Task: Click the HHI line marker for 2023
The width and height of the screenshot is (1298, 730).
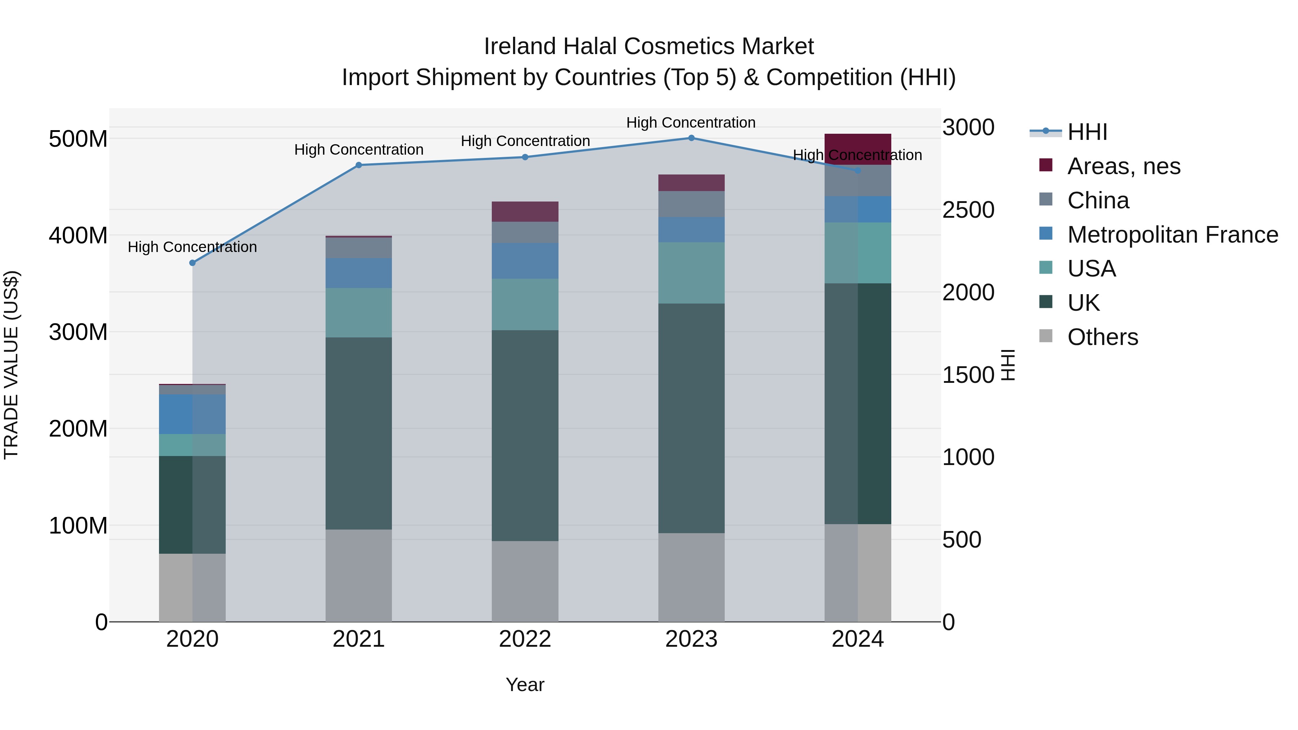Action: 691,138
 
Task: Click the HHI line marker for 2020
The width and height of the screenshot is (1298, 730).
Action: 193,263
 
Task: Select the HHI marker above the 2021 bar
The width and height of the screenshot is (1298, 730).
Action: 359,165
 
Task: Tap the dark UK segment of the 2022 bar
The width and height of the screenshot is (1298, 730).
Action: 525,436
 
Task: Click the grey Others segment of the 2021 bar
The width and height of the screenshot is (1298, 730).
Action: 359,575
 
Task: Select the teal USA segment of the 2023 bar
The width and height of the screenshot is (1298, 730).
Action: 691,273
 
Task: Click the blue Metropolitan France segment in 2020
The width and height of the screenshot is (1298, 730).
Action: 193,414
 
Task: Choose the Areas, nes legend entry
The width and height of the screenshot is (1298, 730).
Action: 1123,166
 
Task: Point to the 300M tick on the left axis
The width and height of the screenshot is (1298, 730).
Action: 78,332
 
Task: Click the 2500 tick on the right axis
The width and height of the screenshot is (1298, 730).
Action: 968,210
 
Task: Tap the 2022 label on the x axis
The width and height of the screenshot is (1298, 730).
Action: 525,639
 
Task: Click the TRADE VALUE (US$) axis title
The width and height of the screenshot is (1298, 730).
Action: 12,365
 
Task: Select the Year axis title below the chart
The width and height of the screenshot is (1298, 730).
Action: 525,685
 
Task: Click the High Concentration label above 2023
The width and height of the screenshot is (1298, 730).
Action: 691,123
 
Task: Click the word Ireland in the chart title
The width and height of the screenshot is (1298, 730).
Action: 521,47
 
